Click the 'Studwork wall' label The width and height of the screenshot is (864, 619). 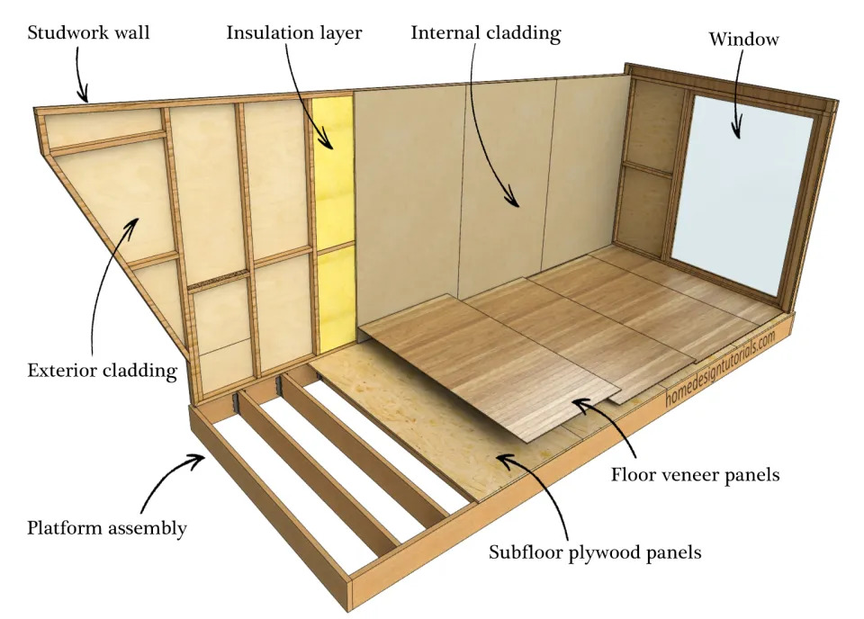tap(88, 34)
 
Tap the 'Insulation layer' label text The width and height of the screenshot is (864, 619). tap(293, 34)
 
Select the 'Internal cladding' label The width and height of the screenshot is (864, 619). tap(485, 34)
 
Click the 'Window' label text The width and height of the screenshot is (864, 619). tap(743, 40)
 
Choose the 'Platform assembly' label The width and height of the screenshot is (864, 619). tap(106, 528)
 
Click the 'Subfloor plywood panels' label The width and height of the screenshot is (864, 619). tap(595, 552)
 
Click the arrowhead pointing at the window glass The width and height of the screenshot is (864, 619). tap(738, 134)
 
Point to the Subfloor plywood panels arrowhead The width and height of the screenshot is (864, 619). tap(502, 460)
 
